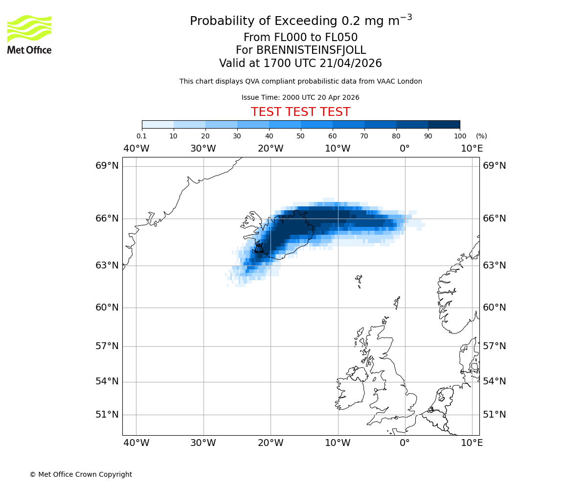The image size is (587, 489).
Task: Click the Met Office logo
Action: click(x=29, y=34)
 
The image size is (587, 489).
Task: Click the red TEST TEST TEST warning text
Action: click(x=300, y=112)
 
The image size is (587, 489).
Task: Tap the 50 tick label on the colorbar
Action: click(x=300, y=136)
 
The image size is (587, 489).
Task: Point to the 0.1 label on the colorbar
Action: click(x=141, y=136)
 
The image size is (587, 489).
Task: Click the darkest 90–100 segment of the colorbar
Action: click(x=444, y=124)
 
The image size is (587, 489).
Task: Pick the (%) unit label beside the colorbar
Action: click(x=481, y=136)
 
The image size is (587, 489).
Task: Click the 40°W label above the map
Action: click(x=136, y=149)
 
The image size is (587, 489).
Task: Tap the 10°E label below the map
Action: click(x=472, y=443)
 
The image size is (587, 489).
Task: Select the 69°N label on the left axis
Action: click(x=107, y=166)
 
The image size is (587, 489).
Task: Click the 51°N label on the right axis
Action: click(x=495, y=415)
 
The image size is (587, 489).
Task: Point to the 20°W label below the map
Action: click(x=271, y=443)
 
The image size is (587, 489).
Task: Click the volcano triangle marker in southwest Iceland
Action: click(x=259, y=248)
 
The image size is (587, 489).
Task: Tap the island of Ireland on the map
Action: click(x=350, y=391)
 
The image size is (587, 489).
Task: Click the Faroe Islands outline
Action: click(x=359, y=281)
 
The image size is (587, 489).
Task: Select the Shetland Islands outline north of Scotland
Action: click(x=397, y=302)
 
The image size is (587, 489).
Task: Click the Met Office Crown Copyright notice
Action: click(x=81, y=474)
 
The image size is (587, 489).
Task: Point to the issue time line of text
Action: click(x=300, y=97)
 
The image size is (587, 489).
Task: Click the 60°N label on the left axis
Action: click(x=107, y=308)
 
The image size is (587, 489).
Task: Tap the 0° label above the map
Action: click(x=405, y=149)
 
